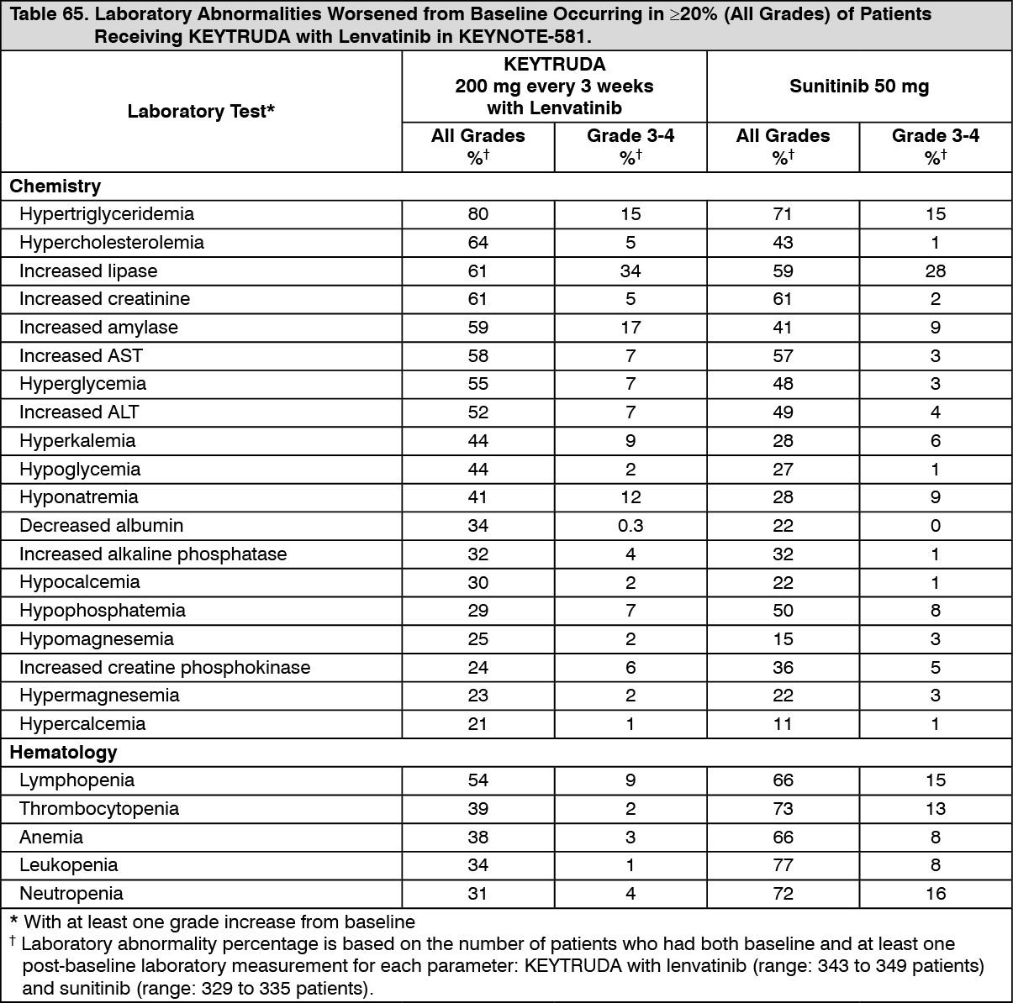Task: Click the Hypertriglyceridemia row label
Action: point(106,214)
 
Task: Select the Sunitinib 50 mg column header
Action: point(858,87)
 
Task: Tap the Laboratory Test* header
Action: point(201,112)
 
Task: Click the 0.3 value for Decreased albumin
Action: point(630,526)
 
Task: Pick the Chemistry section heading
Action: point(55,186)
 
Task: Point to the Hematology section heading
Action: point(63,752)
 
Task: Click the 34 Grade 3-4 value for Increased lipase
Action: point(630,270)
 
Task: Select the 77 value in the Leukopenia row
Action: point(782,865)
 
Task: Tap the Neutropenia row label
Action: point(71,894)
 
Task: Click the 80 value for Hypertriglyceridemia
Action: point(477,214)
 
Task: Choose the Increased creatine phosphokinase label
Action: point(165,668)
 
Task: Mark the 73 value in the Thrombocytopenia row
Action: point(782,809)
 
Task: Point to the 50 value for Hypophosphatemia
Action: point(782,611)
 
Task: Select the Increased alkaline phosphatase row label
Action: point(153,554)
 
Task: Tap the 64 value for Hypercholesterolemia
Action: point(477,243)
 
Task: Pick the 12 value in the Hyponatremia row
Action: point(630,497)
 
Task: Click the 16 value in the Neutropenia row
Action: point(935,894)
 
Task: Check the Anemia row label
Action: point(51,838)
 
